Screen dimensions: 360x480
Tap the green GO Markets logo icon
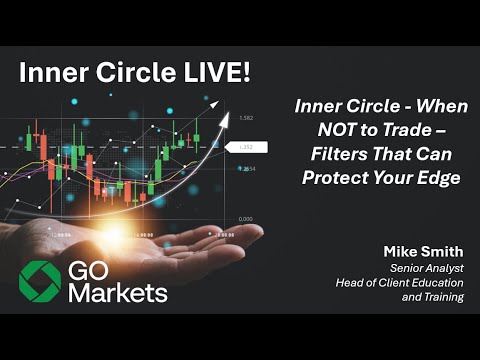click(40, 281)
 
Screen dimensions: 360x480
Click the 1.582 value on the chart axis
click(246, 118)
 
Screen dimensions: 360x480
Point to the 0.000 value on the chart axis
click(246, 218)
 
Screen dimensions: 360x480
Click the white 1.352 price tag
click(246, 147)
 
